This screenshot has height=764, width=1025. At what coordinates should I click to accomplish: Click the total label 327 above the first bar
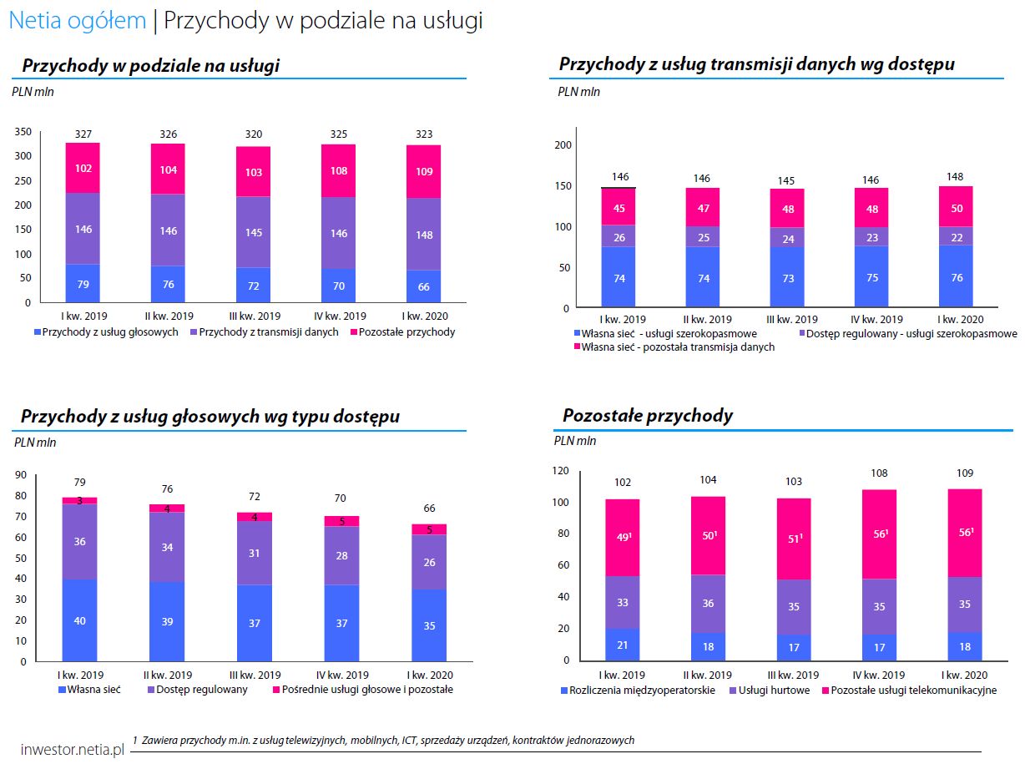[x=83, y=134]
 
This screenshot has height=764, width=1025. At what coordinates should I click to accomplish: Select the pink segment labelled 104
[x=169, y=169]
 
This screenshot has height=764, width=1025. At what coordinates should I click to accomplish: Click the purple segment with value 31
[x=254, y=554]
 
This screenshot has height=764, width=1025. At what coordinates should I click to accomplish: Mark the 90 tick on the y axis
[x=21, y=475]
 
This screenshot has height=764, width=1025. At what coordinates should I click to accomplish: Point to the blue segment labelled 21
[x=622, y=645]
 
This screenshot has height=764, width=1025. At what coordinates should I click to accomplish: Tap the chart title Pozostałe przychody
[x=648, y=415]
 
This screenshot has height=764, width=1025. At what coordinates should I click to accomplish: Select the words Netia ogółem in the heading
[x=77, y=21]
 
